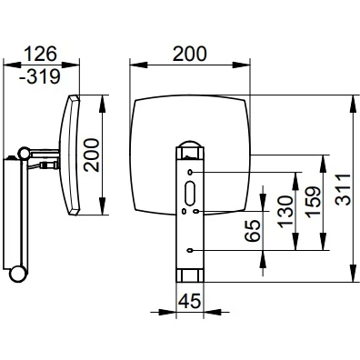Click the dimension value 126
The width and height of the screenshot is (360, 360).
[40, 54]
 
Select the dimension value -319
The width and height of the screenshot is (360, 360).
[40, 76]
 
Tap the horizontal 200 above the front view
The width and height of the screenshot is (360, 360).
[189, 54]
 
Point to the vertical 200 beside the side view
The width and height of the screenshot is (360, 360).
[91, 155]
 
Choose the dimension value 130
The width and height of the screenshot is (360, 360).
[285, 212]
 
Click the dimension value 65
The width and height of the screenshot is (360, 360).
[253, 230]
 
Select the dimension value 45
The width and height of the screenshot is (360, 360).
[190, 302]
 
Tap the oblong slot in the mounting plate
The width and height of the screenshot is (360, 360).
[190, 194]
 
